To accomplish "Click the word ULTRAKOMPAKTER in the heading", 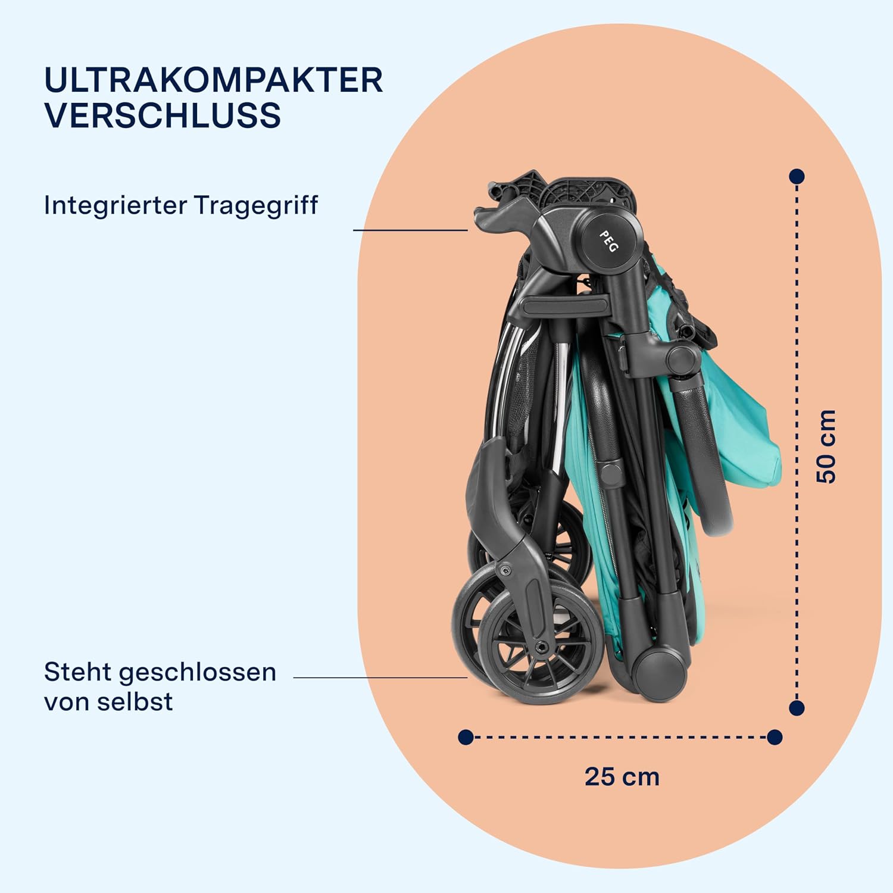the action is coord(214,80).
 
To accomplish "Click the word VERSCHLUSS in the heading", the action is coord(163,115).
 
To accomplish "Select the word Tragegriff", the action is coord(256,206).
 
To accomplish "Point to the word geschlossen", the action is coord(197,673).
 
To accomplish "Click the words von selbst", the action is coord(108,701).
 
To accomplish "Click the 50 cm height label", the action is coord(826,446).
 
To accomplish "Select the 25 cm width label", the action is coord(622,776).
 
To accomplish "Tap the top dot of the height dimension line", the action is coord(797,176).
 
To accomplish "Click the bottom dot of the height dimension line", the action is coord(797,708).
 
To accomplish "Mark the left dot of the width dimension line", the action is coord(466,738).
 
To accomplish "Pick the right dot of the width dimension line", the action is coord(775,738).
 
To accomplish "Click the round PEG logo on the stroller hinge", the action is coord(608,241).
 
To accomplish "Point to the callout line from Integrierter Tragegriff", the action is coord(410,230).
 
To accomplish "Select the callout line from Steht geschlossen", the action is coord(380,677).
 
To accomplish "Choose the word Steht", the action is coord(78,672).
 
